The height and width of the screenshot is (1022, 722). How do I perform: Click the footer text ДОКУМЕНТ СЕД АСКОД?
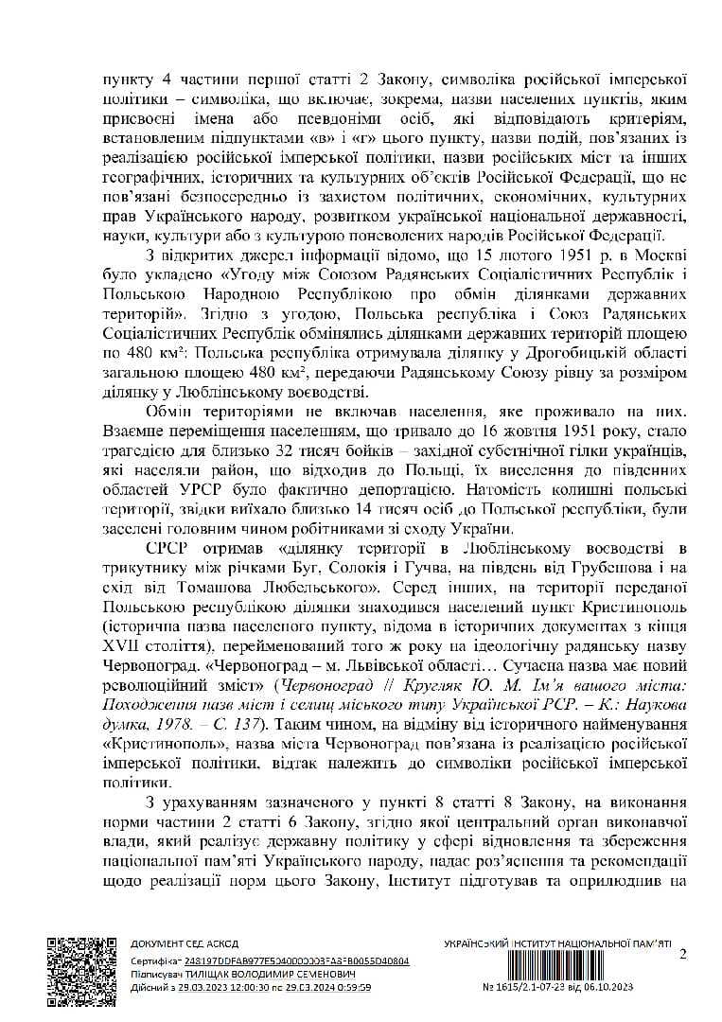coord(184,943)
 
